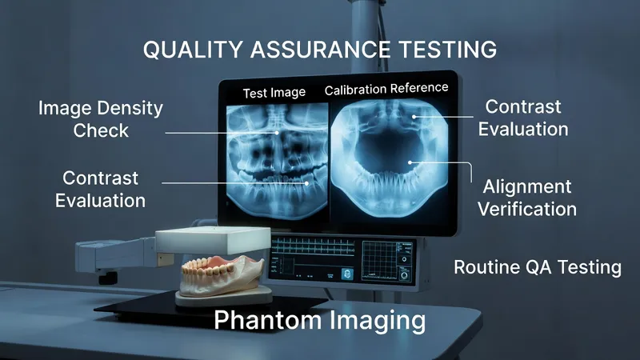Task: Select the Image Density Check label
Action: (x=101, y=118)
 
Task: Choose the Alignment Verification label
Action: (x=529, y=198)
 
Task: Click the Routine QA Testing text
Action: (x=537, y=267)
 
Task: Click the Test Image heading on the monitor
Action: (x=274, y=93)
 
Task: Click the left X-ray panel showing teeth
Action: (x=274, y=156)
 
